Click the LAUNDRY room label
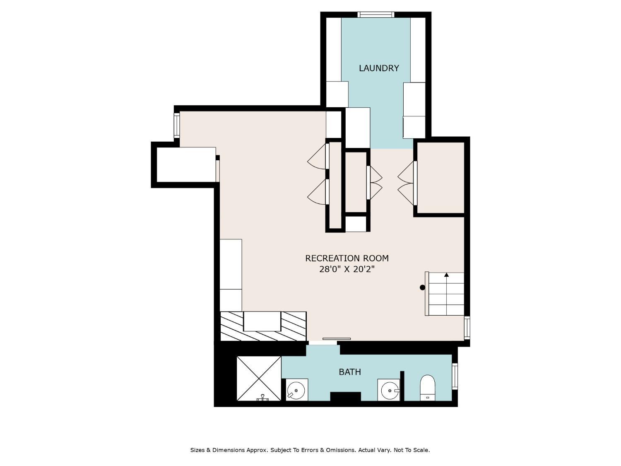378,68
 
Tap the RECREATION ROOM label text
347,258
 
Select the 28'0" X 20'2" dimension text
347,269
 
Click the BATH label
350,372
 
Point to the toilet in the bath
428,388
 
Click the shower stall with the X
259,379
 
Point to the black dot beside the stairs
422,287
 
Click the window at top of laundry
376,14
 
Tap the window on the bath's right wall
455,376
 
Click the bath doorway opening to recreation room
323,343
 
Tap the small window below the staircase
467,328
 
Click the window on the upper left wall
176,126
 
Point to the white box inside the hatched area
262,321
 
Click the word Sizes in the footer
197,450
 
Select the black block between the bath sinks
345,396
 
